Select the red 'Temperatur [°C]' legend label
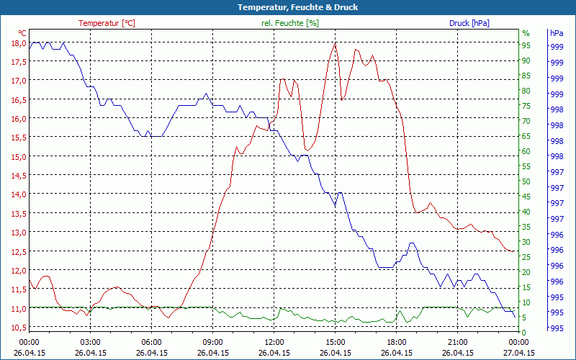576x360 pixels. click(x=107, y=23)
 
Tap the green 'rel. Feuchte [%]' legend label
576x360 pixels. click(x=290, y=23)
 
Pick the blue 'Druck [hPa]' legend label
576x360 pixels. click(x=469, y=23)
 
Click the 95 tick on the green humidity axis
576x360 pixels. click(x=526, y=45)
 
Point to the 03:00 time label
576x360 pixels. click(x=90, y=343)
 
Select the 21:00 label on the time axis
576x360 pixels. click(x=457, y=343)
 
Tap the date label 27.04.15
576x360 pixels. click(x=518, y=353)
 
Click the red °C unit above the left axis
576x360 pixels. click(x=22, y=33)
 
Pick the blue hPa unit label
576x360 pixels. click(x=556, y=33)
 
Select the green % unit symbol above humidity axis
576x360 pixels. click(x=526, y=33)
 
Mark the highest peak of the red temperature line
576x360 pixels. click(x=335, y=43)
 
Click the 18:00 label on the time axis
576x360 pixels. click(x=396, y=343)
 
